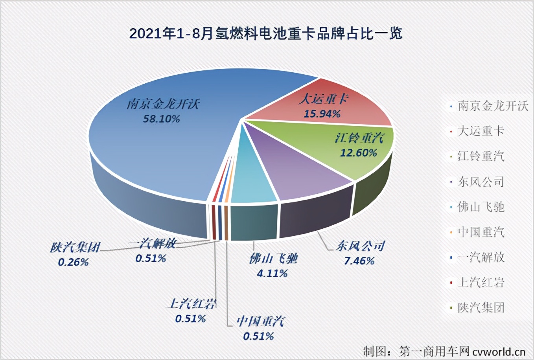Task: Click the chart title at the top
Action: (266, 34)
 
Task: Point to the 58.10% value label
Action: (161, 118)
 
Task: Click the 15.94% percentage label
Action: (322, 114)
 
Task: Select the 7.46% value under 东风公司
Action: (359, 261)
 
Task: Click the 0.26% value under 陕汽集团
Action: (73, 262)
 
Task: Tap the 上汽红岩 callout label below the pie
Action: (192, 304)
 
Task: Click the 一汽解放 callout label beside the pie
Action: (151, 244)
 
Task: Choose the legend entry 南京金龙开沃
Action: (493, 106)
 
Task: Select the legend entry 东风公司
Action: (481, 182)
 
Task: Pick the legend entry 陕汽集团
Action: (481, 308)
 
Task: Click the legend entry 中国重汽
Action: (481, 232)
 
